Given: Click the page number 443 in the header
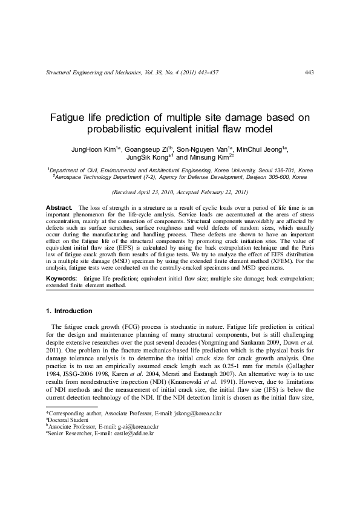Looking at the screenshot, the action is [309, 73].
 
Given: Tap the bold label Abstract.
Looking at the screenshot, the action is [59, 207].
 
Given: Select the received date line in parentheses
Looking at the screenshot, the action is [180, 192].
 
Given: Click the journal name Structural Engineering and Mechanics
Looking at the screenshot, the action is [93, 73].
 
